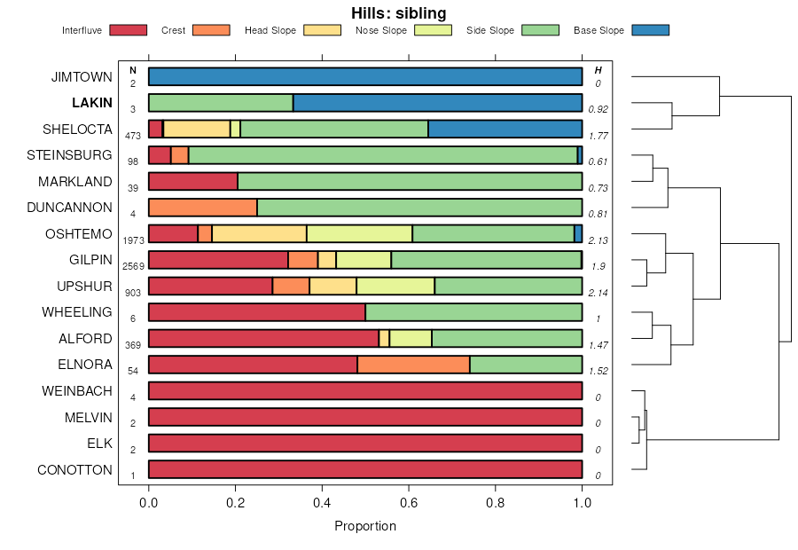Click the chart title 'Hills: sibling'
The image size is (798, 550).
tap(398, 12)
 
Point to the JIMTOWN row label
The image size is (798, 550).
tap(82, 77)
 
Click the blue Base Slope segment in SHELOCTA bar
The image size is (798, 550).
tap(505, 129)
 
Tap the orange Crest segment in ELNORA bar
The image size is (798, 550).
tap(413, 365)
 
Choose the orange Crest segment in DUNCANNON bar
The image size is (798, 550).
tap(203, 208)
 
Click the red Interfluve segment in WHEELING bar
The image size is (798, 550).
tap(257, 312)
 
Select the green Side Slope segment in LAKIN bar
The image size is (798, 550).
tap(221, 103)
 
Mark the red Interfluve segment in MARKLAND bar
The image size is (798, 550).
tap(193, 182)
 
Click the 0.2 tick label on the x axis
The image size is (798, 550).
tap(235, 502)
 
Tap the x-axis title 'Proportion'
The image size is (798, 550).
tap(365, 526)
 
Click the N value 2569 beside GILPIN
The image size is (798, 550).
tap(133, 266)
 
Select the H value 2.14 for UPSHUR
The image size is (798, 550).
tap(598, 293)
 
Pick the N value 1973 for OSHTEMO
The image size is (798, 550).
tap(133, 240)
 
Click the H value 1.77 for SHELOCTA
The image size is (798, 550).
tap(598, 136)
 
